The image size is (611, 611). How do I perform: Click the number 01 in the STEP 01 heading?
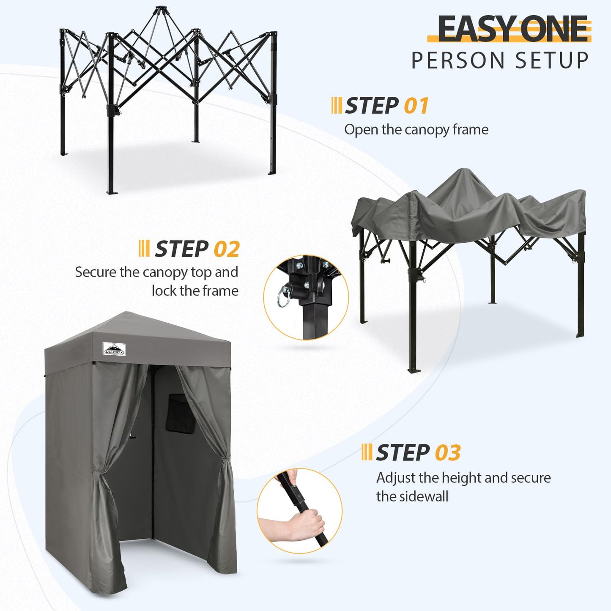click(416, 106)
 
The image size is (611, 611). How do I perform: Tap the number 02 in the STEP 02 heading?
click(227, 249)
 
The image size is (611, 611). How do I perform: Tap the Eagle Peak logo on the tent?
click(114, 348)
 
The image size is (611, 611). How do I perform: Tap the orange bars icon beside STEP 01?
click(337, 106)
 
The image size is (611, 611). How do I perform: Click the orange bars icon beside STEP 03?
click(367, 452)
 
